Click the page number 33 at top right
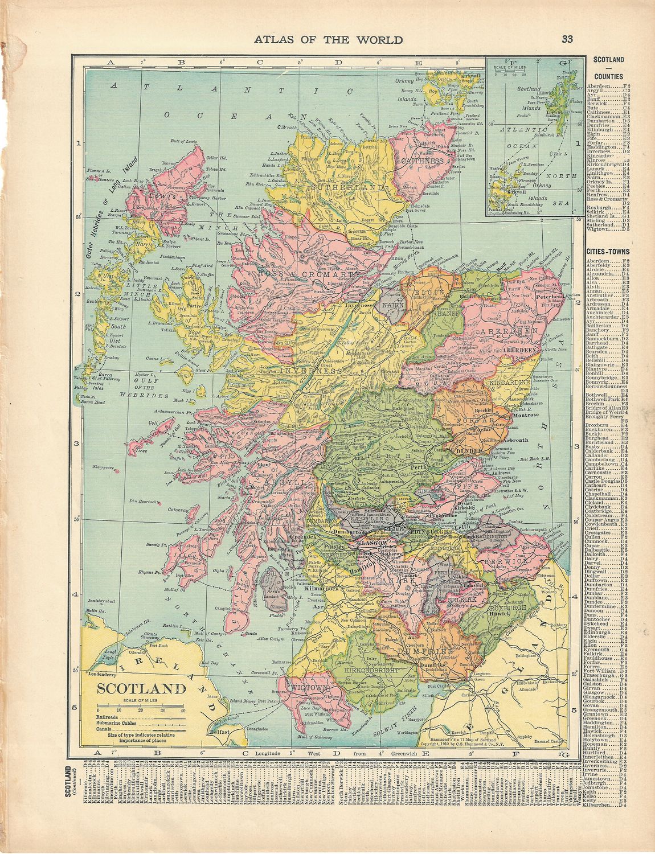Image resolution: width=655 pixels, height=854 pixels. (x=567, y=39)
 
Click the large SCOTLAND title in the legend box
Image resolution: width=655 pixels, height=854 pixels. (x=142, y=689)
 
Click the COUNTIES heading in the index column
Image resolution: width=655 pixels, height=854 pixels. (x=609, y=77)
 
